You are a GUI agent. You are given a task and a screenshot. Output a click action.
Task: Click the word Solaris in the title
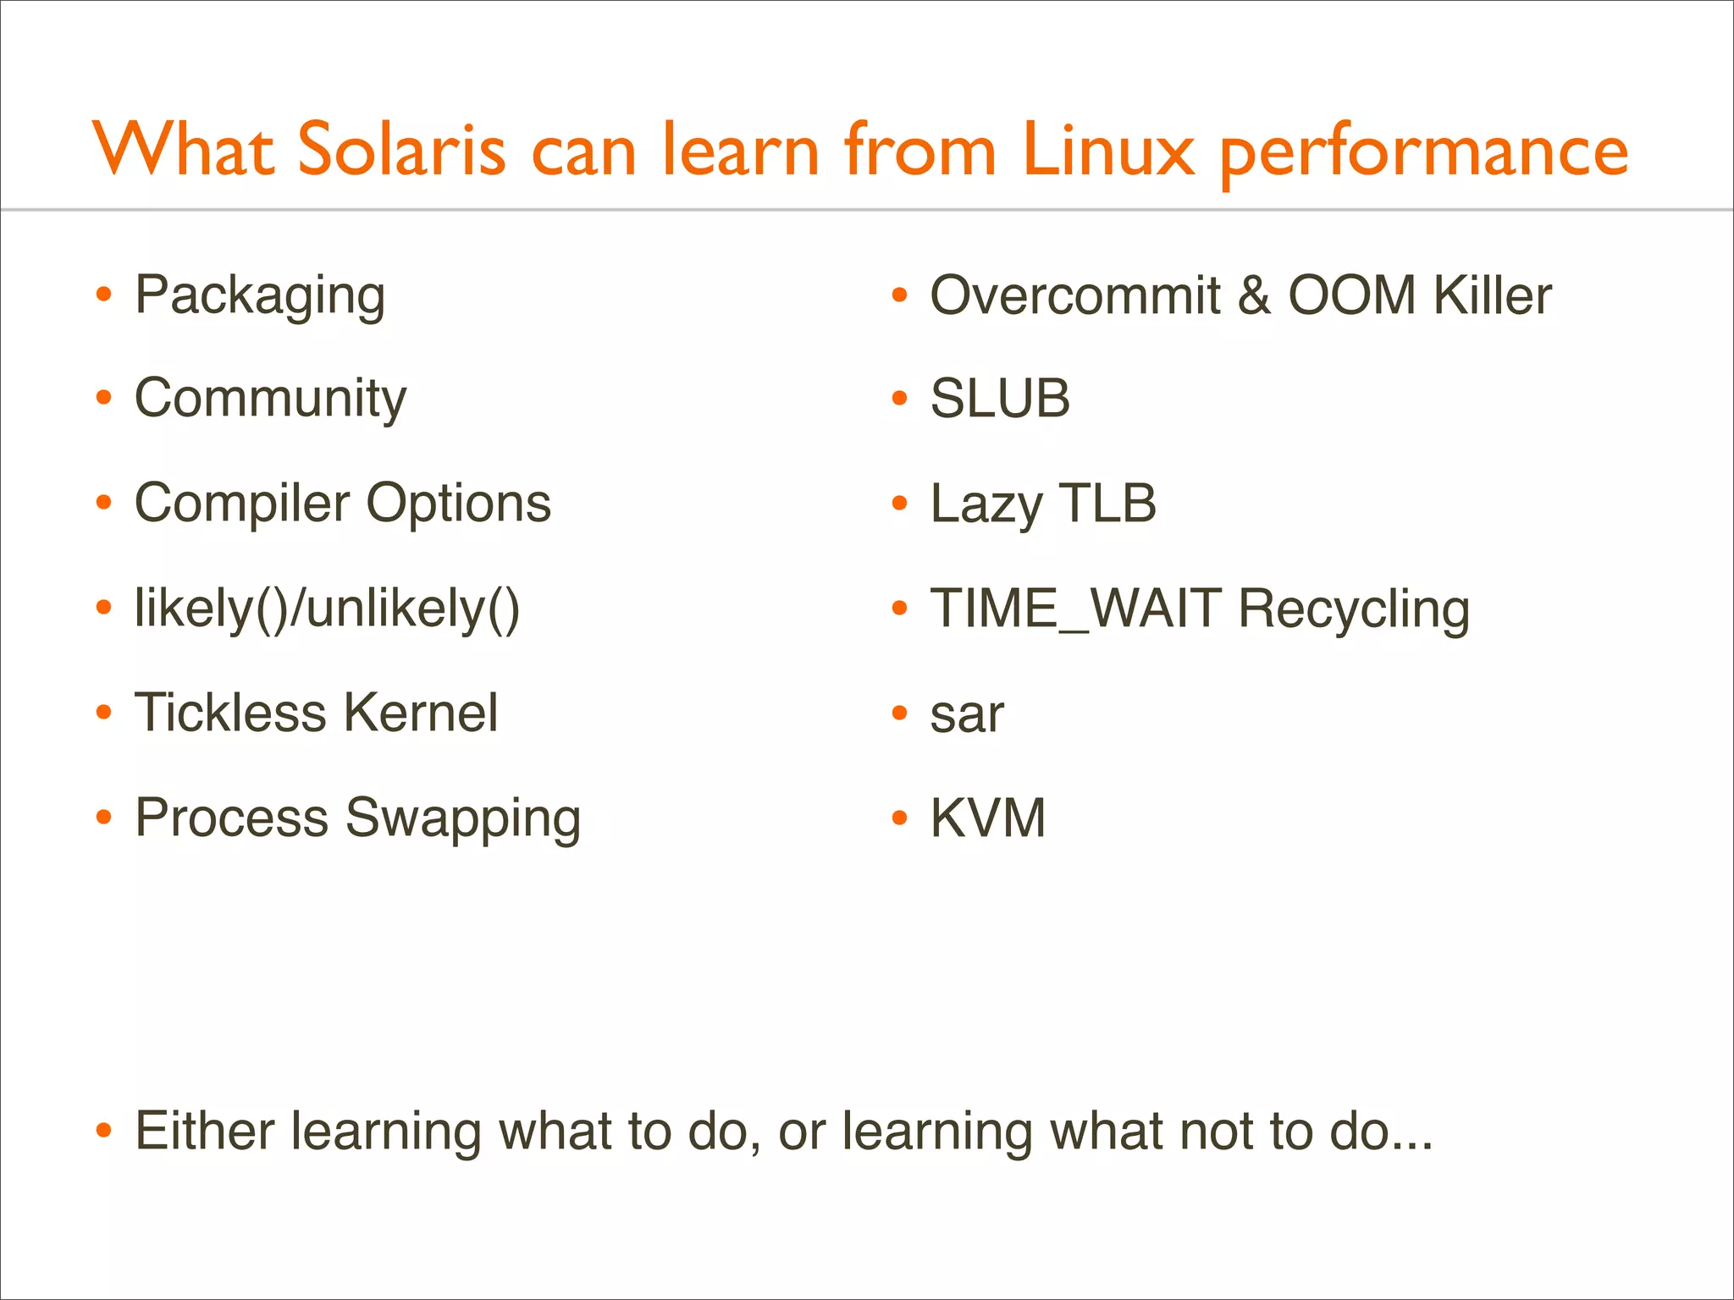pos(401,151)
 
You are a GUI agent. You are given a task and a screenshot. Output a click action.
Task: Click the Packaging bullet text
pos(260,296)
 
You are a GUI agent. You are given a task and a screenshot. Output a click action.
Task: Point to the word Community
pos(270,399)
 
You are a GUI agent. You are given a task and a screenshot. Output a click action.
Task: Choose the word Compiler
pos(242,504)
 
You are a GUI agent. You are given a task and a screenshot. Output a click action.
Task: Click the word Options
pos(458,504)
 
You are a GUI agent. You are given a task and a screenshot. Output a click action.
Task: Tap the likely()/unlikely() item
pos(327,609)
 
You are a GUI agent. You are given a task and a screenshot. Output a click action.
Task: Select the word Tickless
pos(230,713)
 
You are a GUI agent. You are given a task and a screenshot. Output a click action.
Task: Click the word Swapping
pos(463,819)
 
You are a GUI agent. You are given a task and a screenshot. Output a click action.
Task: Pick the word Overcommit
pos(1074,296)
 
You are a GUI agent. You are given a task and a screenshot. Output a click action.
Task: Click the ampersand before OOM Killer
pos(1253,296)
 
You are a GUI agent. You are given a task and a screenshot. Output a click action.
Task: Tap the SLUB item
pos(1000,399)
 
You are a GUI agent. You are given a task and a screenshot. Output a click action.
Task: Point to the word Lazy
pos(986,504)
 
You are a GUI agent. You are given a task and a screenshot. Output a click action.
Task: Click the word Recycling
pos(1353,610)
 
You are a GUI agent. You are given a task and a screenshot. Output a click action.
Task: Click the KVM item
pos(987,818)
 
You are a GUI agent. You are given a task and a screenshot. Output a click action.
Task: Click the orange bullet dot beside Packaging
pos(104,295)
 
